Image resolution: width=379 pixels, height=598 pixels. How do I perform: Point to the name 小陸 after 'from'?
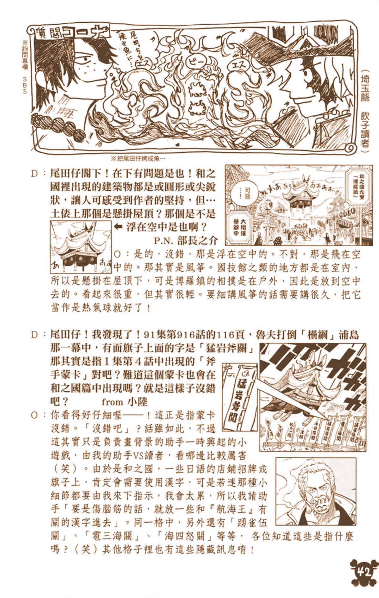tap(137, 402)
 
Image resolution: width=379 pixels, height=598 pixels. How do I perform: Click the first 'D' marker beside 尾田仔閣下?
tap(35, 173)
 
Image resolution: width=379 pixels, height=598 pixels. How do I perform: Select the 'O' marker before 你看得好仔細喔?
tap(35, 415)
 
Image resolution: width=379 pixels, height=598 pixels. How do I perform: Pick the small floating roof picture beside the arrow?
tap(81, 247)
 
